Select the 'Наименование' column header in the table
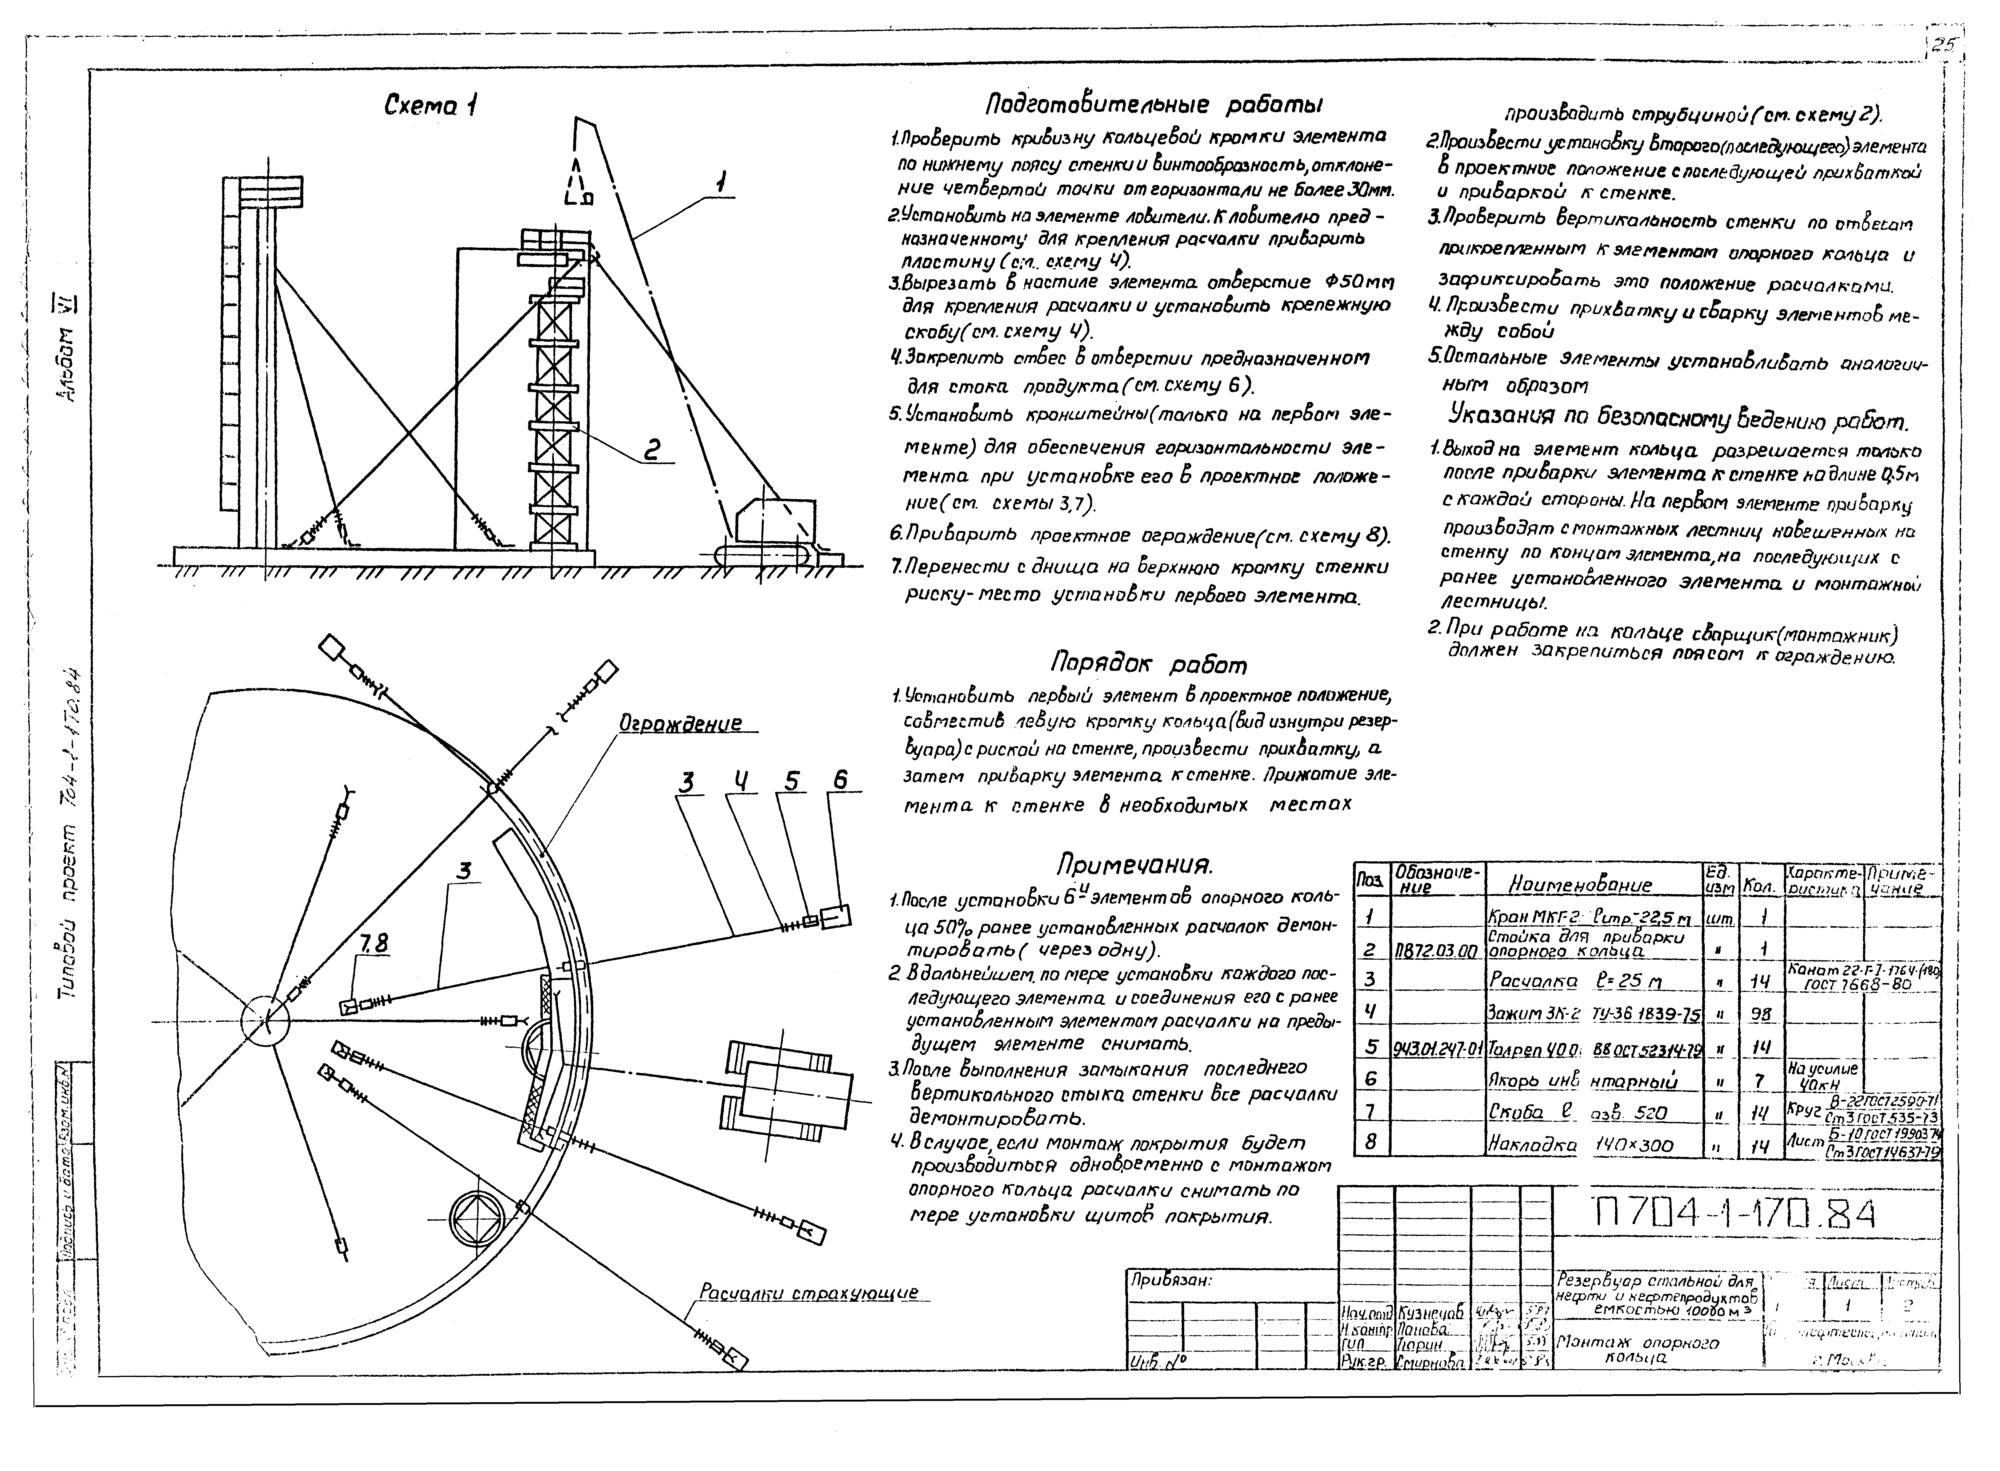pyautogui.click(x=1581, y=884)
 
